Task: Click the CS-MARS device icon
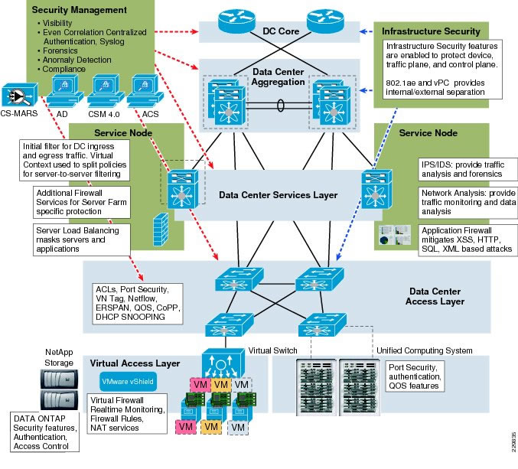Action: point(17,97)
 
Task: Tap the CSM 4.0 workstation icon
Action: point(103,90)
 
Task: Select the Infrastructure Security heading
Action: point(431,31)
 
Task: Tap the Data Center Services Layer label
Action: point(278,195)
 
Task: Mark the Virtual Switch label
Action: point(269,350)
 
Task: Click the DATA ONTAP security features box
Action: point(46,433)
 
